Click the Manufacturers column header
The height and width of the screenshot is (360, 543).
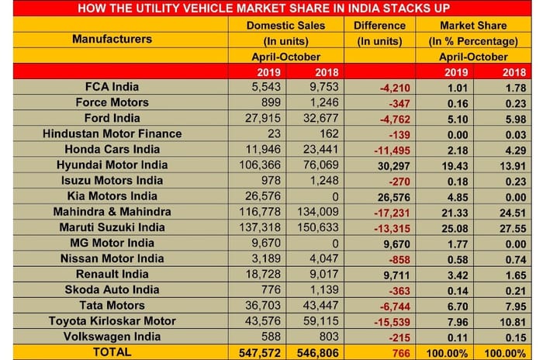(x=112, y=38)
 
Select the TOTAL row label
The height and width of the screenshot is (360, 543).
(x=113, y=351)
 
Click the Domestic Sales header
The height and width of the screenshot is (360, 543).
(x=283, y=25)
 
